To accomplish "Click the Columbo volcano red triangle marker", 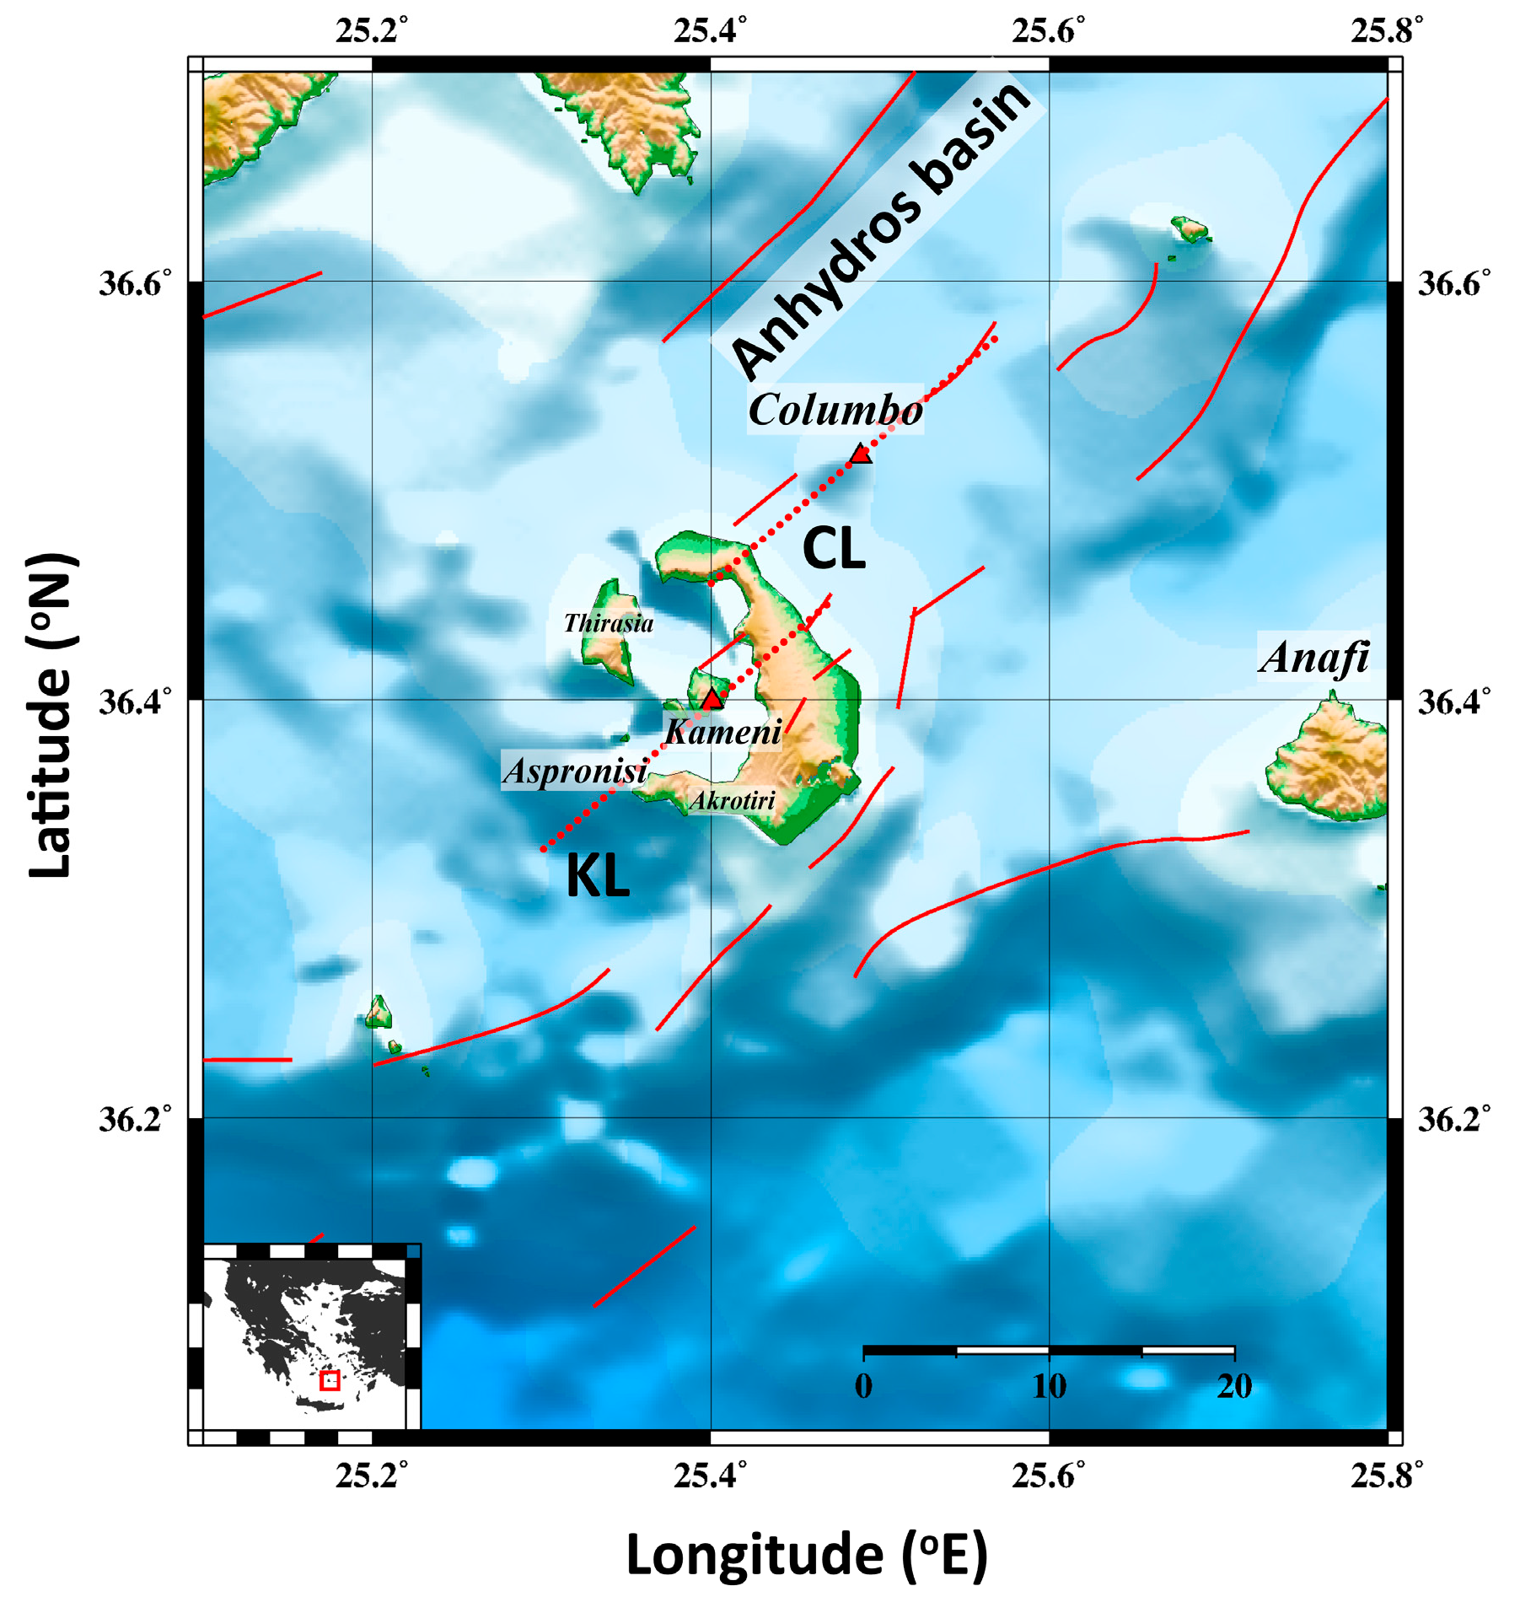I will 860,454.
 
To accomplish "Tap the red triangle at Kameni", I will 712,699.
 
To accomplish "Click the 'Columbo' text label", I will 835,411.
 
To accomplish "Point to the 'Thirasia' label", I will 609,623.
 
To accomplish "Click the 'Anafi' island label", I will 1313,658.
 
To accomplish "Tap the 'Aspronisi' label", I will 576,771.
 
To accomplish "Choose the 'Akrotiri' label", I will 732,800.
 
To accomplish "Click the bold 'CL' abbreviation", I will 834,549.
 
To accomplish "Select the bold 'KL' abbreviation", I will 598,877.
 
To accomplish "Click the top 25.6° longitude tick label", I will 1049,31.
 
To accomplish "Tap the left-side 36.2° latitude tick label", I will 135,1119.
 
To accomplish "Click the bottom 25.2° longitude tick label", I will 372,1476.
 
